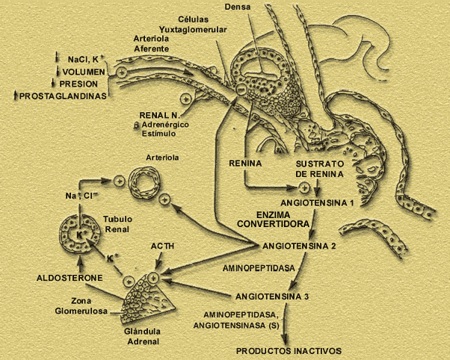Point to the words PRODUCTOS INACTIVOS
pyautogui.click(x=289, y=350)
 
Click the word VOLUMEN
pyautogui.click(x=83, y=72)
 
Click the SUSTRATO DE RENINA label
pyautogui.click(x=318, y=167)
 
